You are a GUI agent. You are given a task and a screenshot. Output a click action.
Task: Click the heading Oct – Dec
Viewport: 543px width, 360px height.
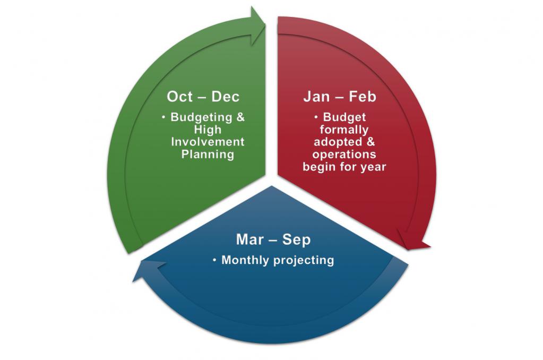[203, 97]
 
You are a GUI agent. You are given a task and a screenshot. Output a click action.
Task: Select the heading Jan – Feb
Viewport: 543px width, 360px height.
[340, 97]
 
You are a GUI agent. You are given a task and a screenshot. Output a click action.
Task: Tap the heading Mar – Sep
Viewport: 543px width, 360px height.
[273, 240]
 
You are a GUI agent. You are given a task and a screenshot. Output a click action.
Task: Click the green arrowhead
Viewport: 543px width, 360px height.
[257, 26]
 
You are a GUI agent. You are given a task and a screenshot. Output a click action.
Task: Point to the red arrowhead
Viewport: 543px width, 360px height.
[414, 240]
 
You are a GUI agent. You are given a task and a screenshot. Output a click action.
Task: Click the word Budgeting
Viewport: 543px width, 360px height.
[201, 118]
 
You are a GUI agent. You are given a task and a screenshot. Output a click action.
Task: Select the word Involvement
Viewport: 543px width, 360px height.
[208, 142]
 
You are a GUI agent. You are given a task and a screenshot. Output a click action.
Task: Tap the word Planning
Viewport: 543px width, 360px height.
[208, 155]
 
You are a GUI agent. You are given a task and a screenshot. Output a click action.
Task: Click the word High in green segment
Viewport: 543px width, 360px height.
[208, 130]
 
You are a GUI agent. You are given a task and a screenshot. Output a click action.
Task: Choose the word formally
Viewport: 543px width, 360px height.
[344, 130]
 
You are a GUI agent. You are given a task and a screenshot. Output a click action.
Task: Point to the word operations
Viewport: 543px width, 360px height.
[344, 155]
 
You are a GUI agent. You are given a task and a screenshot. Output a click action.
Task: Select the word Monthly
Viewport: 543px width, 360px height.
[246, 260]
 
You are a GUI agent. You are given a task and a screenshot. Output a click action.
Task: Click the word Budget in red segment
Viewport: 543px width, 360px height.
[344, 117]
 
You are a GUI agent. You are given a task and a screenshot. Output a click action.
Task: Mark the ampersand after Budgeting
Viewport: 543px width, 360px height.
[240, 117]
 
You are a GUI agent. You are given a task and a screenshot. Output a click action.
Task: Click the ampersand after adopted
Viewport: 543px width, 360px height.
[370, 142]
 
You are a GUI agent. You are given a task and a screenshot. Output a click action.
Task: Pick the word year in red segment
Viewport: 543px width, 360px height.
[373, 168]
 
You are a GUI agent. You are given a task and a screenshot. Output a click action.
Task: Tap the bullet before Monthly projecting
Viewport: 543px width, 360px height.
[215, 260]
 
